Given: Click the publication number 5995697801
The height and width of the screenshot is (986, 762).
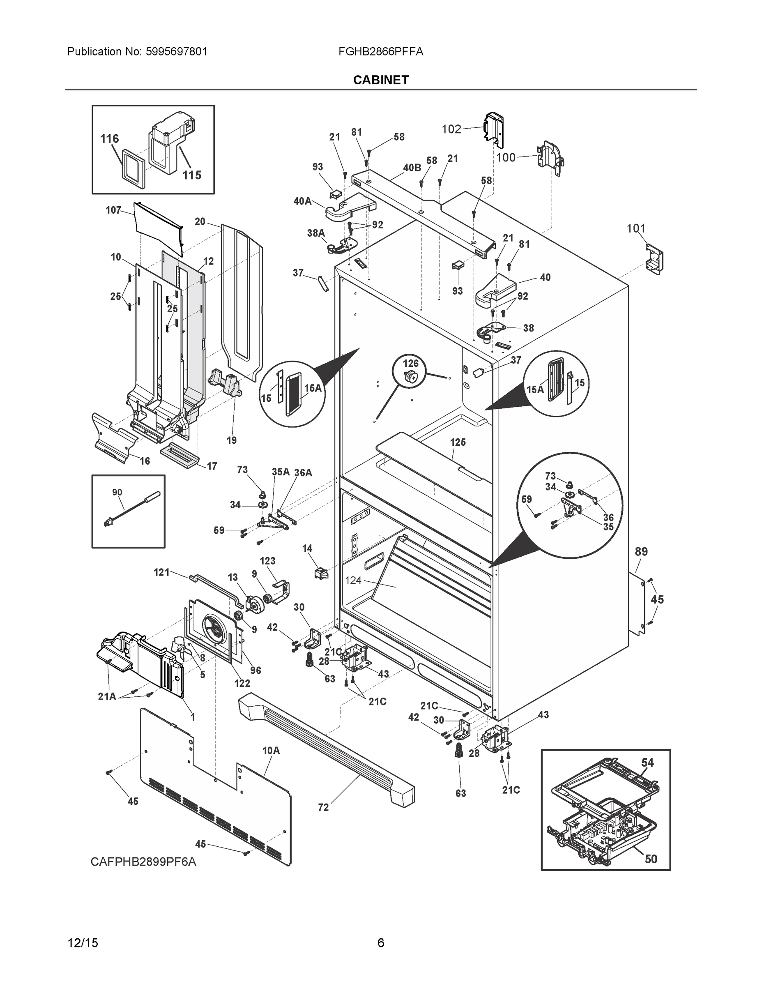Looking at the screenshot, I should [x=177, y=51].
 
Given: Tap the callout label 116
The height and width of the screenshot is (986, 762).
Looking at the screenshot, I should [x=109, y=138].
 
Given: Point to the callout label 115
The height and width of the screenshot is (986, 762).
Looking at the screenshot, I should [x=191, y=175].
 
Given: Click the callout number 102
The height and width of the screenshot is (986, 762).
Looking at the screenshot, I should [x=451, y=129].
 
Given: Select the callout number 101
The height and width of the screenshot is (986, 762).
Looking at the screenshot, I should [x=636, y=228].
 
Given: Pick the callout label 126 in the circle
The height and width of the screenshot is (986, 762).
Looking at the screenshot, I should [x=410, y=363].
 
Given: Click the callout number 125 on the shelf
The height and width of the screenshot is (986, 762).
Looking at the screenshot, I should [x=458, y=442].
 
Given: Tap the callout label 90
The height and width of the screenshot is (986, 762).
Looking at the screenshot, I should [x=117, y=492].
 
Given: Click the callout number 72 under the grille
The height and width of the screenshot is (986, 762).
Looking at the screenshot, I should [x=323, y=807].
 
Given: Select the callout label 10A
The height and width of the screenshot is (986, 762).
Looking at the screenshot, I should [x=271, y=750].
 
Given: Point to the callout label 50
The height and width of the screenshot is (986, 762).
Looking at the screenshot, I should [x=651, y=859].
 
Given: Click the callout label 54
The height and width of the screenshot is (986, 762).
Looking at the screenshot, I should [x=647, y=763].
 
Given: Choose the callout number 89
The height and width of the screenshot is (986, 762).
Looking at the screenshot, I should [x=641, y=551].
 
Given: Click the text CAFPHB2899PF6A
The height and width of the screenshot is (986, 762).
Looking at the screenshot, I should [x=143, y=862].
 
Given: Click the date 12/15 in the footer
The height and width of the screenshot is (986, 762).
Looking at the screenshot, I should [x=83, y=943].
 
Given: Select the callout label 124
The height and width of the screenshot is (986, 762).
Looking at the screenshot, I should [x=353, y=580].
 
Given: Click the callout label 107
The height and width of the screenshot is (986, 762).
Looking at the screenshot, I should [x=113, y=210].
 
